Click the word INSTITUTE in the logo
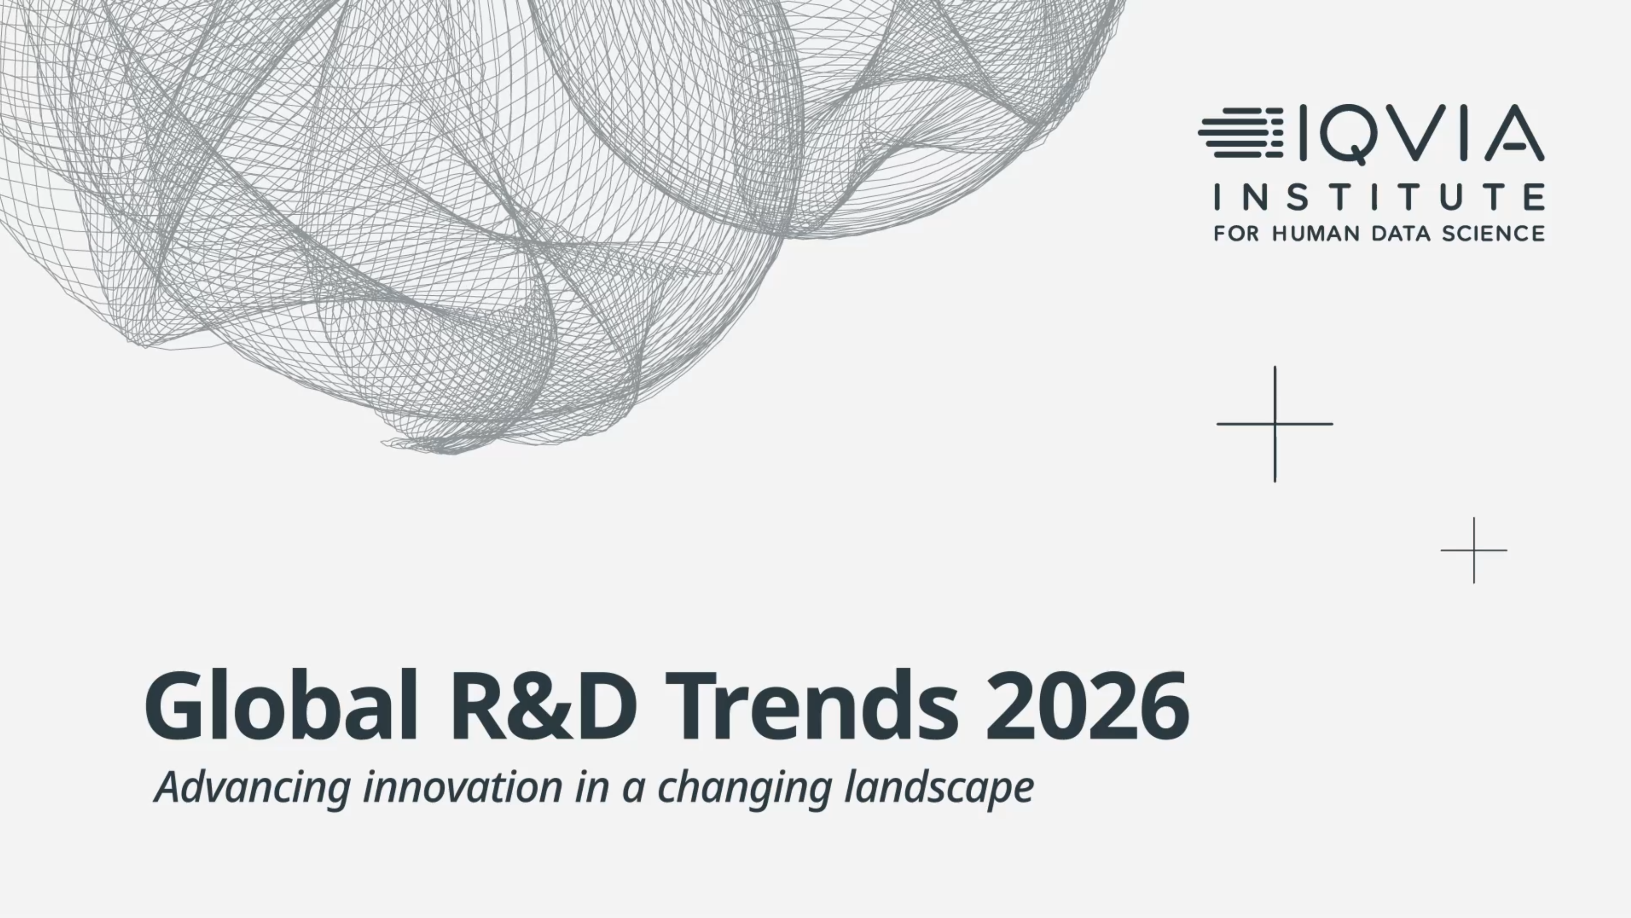(1379, 197)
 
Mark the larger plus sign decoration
(1275, 424)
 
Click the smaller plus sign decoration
(1474, 550)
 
